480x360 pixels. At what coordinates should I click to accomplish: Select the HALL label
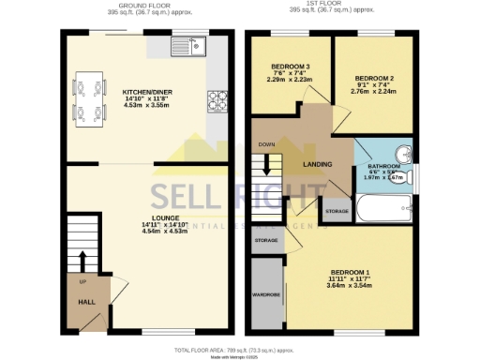[83, 302]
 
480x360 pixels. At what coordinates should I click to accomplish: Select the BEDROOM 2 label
[373, 80]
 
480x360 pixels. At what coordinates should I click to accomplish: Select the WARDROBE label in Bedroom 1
[266, 294]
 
